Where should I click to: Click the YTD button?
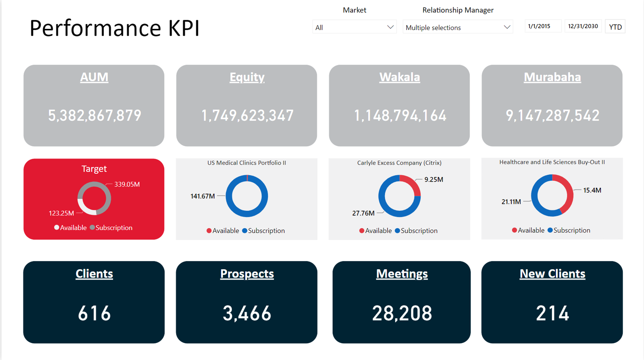point(615,27)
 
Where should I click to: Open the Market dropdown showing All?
point(354,27)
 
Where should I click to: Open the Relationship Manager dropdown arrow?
point(507,27)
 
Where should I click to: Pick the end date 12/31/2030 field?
point(583,26)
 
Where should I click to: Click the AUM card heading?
point(94,77)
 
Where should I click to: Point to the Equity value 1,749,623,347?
point(247,115)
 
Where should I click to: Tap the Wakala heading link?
point(400,77)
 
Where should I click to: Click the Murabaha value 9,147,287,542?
point(552,115)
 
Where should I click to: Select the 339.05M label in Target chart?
point(127,185)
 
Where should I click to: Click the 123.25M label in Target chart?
point(61,213)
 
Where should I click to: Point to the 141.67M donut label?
point(203,196)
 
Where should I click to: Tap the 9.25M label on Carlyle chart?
point(434,180)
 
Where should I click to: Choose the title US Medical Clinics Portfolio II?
point(247,163)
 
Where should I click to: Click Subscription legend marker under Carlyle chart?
point(397,231)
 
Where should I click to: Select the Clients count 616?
point(94,313)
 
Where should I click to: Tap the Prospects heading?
point(247,274)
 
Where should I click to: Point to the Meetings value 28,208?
point(402,313)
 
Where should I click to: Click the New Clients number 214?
point(552,313)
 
